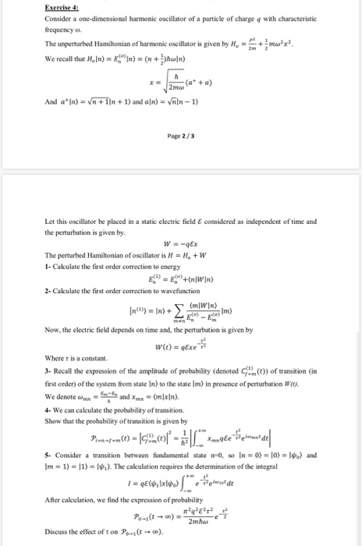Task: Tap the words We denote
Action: point(62,394)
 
